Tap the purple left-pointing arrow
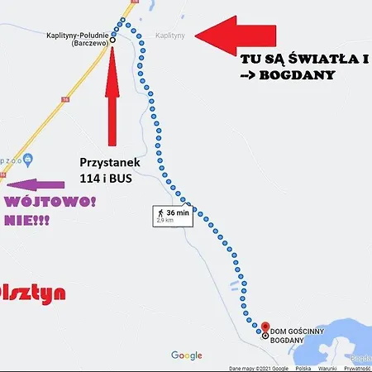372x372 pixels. coord(38,185)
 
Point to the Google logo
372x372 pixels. coord(186,355)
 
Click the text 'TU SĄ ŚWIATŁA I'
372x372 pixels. coord(303,60)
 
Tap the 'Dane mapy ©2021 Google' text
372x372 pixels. coord(258,368)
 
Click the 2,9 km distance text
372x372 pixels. coord(165,221)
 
